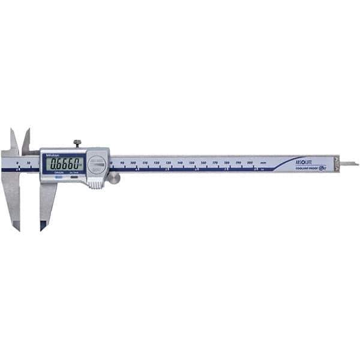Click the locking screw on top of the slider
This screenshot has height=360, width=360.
77,143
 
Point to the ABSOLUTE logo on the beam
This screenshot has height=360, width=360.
307,163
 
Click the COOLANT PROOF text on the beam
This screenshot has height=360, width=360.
307,170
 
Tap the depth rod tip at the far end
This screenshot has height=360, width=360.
355,163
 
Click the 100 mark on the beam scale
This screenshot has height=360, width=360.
133,163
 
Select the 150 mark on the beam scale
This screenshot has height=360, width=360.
192,163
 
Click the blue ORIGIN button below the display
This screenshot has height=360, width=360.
59,174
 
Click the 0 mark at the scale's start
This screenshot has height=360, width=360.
18,163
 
